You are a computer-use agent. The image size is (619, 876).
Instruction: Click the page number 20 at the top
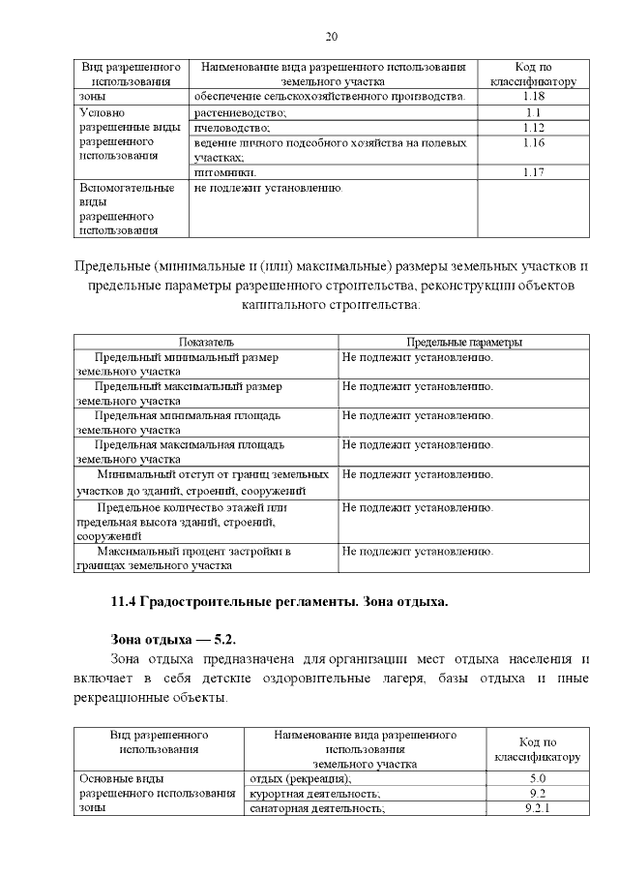coord(331,37)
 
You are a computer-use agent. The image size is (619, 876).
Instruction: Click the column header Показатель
coord(206,342)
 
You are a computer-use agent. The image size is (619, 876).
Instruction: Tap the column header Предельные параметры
coord(464,342)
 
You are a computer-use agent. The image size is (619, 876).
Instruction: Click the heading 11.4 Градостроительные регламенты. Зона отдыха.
coord(280,602)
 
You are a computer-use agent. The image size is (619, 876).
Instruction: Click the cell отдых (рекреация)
coord(301,777)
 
